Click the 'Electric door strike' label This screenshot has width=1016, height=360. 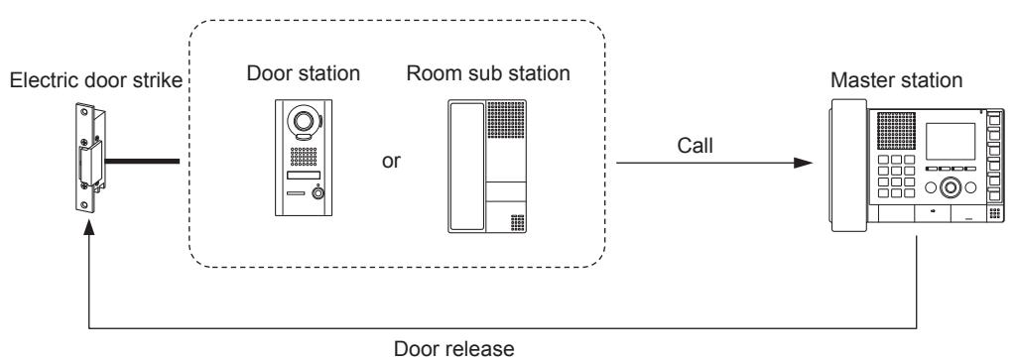[96, 81]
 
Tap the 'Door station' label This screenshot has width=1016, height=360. [304, 73]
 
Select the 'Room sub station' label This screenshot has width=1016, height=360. [488, 73]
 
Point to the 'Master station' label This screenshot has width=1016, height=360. [896, 81]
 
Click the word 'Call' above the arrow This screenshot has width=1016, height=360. [696, 146]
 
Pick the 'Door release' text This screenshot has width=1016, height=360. [454, 348]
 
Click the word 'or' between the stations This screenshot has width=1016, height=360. [391, 161]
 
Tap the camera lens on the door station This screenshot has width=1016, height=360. [303, 120]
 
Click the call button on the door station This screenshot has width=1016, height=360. [318, 193]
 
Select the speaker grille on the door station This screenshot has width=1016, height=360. [304, 156]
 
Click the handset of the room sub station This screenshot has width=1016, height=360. [466, 167]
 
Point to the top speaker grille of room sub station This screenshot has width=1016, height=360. [505, 120]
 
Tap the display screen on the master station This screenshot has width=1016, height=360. [950, 141]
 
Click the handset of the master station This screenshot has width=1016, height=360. [847, 165]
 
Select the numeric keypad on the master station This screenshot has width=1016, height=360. [896, 176]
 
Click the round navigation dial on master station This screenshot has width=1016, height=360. [951, 187]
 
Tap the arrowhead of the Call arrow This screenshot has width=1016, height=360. [804, 163]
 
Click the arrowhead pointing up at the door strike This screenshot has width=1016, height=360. [89, 225]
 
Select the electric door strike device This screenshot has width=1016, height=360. [89, 159]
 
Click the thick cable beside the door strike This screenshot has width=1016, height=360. [141, 161]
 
